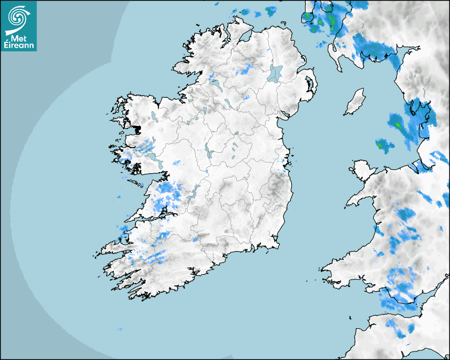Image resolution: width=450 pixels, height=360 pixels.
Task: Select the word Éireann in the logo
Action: [19, 46]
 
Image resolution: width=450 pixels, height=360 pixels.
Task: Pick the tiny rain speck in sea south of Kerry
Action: [119, 329]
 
